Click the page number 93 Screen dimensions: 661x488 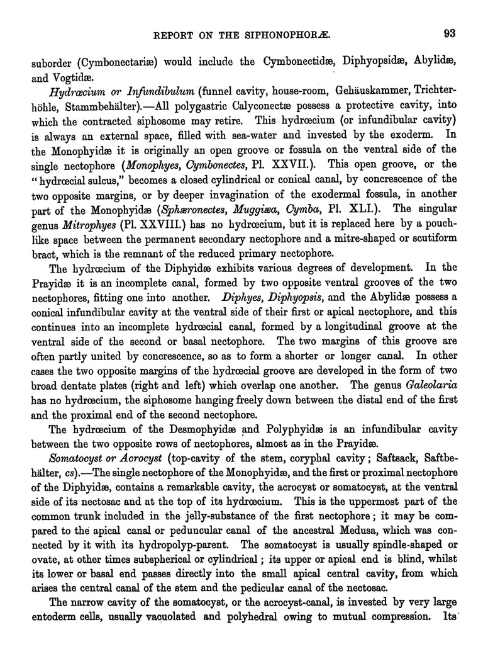point(448,33)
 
